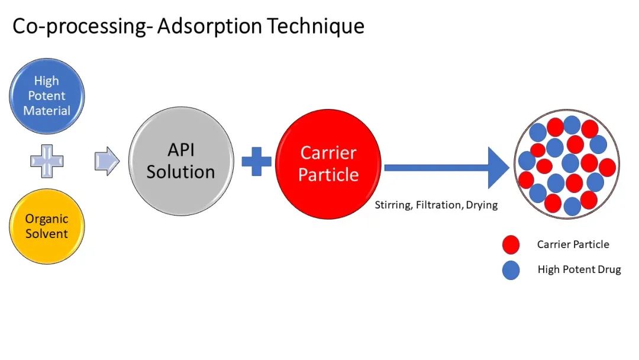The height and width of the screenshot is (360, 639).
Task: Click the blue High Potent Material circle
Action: pyautogui.click(x=47, y=96)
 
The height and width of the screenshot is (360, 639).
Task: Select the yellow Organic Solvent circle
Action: pyautogui.click(x=47, y=226)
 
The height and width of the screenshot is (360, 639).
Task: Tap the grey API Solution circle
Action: pyautogui.click(x=180, y=162)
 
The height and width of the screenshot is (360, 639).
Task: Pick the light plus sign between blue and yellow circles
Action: pyautogui.click(x=47, y=161)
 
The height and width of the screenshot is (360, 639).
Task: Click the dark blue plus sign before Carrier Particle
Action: pyautogui.click(x=257, y=161)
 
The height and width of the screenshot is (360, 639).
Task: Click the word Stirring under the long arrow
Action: pyautogui.click(x=393, y=205)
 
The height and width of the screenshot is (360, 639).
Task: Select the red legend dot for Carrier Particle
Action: pyautogui.click(x=511, y=244)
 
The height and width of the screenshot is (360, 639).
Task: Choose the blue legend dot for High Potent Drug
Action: pyautogui.click(x=511, y=270)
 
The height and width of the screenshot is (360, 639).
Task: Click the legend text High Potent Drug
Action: pyautogui.click(x=579, y=270)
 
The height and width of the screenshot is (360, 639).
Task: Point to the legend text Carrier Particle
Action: pyautogui.click(x=573, y=244)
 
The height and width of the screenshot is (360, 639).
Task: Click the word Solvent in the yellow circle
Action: pyautogui.click(x=47, y=234)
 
